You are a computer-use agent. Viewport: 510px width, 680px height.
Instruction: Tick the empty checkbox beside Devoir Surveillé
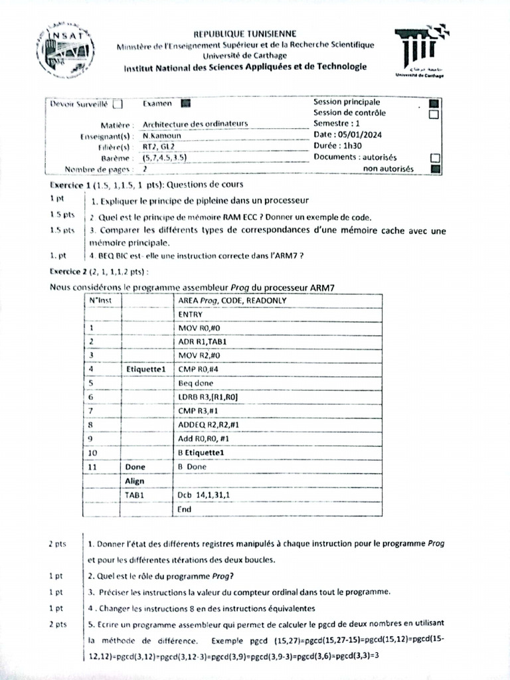(118, 104)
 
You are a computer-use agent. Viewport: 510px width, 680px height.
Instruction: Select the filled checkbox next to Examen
(185, 103)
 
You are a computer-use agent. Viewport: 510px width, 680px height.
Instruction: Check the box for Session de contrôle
(434, 114)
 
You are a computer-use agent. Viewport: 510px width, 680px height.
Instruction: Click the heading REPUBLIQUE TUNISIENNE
(245, 34)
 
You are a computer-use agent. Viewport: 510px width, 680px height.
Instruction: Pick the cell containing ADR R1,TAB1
(203, 342)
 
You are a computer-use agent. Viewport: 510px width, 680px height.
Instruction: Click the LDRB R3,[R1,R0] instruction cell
(209, 397)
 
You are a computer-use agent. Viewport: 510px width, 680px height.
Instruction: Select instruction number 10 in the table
(93, 453)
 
